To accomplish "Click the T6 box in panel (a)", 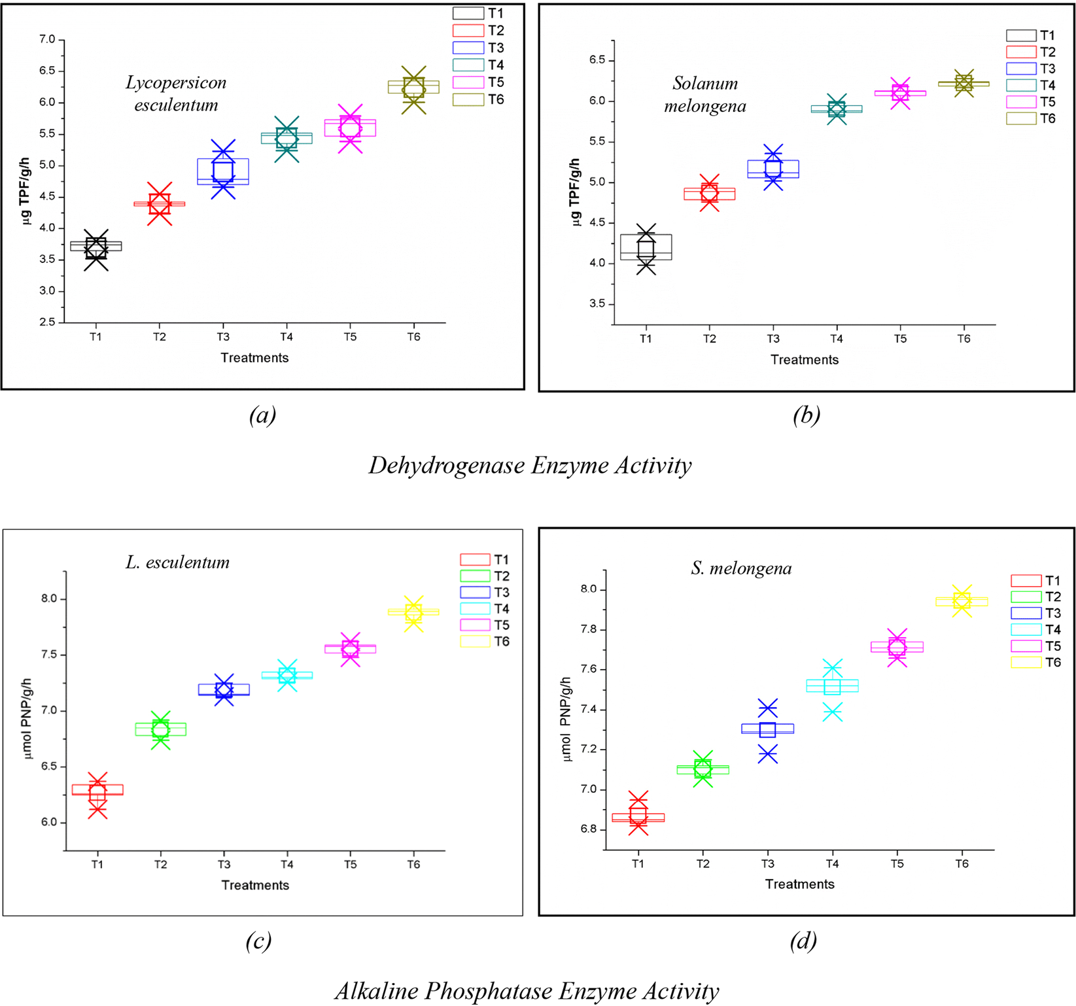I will [x=413, y=87].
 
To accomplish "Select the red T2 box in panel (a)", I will [x=160, y=203].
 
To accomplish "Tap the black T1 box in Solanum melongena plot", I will [x=646, y=247].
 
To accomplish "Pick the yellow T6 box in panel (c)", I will [x=413, y=612].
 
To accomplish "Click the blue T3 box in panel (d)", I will [x=767, y=729].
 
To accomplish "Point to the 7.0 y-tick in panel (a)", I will [x=47, y=40].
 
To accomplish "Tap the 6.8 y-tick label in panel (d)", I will [x=587, y=829].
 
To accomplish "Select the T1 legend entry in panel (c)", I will [x=485, y=560].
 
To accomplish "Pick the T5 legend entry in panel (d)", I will [x=1036, y=646].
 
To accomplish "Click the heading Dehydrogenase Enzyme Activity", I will [x=530, y=466].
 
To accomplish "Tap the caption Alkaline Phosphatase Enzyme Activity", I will [x=527, y=991].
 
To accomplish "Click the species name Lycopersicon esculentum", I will [x=176, y=94].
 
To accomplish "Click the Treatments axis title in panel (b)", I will [x=804, y=360].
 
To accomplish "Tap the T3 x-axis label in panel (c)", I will [x=224, y=865].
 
